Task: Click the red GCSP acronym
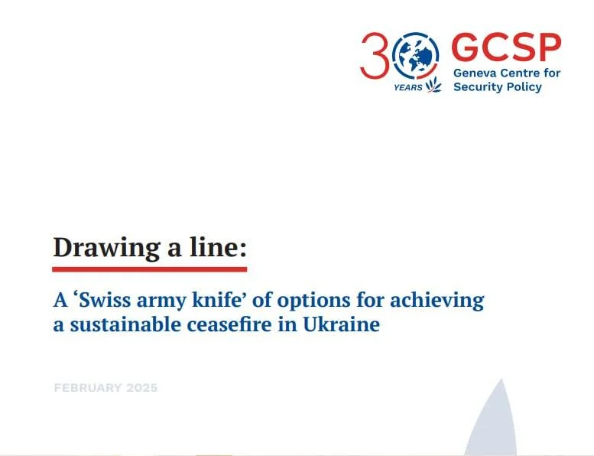[506, 47]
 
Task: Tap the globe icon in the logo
[416, 55]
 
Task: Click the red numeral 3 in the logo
[375, 55]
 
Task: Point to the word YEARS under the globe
[408, 87]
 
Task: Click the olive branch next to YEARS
[433, 84]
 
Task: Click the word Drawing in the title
[107, 249]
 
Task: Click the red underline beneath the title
[150, 269]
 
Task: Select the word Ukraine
[341, 325]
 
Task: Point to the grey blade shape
[492, 421]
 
